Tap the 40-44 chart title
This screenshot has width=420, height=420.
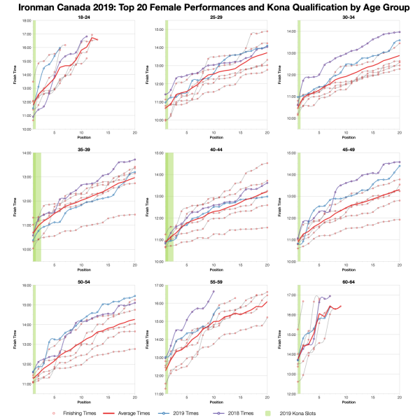pyautogui.click(x=216, y=149)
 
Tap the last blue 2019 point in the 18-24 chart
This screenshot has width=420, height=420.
pyautogui.click(x=61, y=48)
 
